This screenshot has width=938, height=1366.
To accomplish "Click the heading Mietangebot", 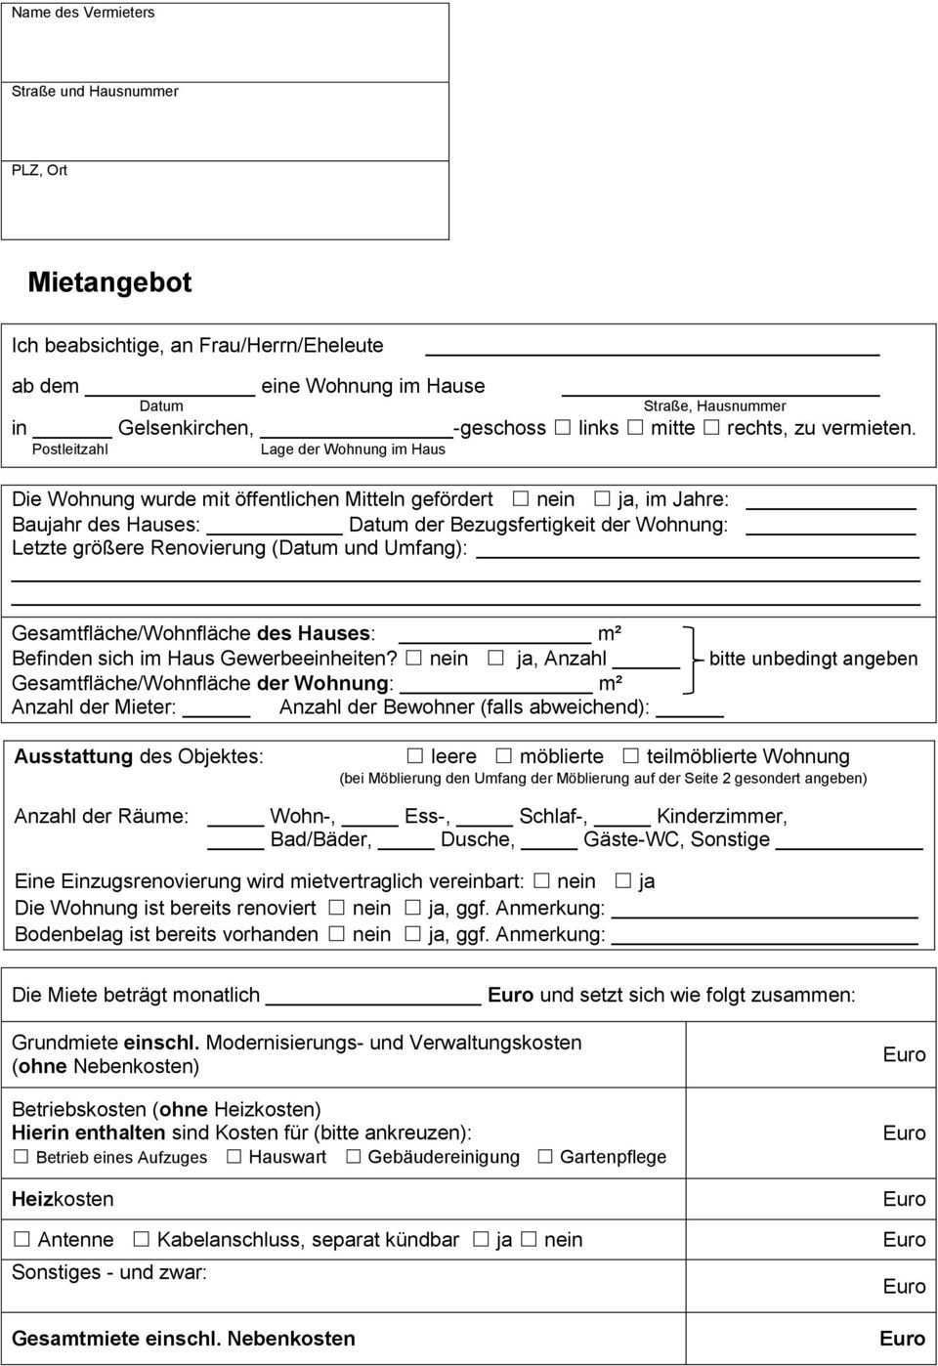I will tap(109, 282).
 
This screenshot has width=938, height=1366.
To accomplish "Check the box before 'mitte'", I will tap(635, 427).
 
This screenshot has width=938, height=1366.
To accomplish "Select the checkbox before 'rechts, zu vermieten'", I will tap(711, 427).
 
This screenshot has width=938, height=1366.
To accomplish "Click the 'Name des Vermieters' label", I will tap(82, 13).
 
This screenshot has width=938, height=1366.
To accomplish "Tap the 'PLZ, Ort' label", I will tap(39, 170).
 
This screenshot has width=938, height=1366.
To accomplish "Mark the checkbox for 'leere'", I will tap(415, 755).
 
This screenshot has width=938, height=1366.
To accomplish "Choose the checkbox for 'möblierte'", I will tap(503, 755).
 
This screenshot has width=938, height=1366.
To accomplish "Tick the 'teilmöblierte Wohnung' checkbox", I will tap(630, 755).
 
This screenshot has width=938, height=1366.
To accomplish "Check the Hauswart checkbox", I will tap(234, 1157).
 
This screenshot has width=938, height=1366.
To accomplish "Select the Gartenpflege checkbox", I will tap(544, 1157).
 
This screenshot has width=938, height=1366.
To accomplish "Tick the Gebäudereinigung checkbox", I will tap(353, 1157).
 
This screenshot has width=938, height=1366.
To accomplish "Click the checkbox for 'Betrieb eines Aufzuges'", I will tap(21, 1157).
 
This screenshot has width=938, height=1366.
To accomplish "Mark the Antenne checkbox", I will tap(21, 1239).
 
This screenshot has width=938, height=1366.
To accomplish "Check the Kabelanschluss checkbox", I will tap(142, 1239).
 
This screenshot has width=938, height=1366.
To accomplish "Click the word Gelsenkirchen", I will tap(186, 428).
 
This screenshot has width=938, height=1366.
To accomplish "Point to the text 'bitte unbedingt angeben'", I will tap(813, 659).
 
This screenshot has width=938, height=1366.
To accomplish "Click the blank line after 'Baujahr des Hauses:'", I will tap(275, 526).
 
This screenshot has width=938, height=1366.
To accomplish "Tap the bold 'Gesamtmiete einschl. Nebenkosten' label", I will tap(184, 1339).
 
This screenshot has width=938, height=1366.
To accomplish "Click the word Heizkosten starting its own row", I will tap(63, 1199).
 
